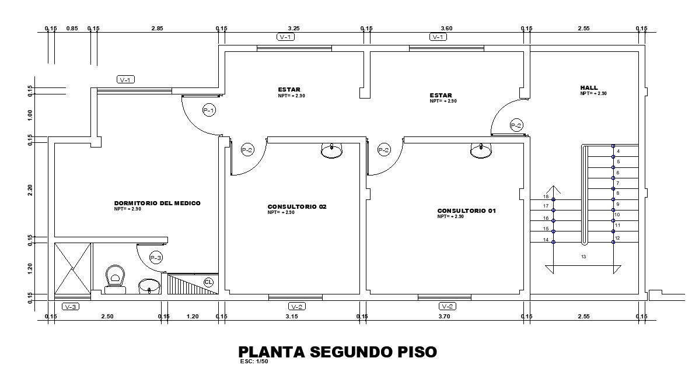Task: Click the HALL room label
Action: click(589, 87)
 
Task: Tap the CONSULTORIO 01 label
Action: click(466, 210)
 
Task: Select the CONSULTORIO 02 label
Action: click(297, 206)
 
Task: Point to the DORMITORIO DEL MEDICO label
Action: click(158, 203)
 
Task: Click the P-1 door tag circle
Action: click(209, 110)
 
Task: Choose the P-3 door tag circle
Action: click(156, 257)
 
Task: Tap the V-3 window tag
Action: click(71, 306)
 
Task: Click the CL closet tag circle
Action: click(208, 282)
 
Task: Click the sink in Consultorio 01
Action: click(481, 150)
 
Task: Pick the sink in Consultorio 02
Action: click(332, 150)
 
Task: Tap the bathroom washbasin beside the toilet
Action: click(149, 286)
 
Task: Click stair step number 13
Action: click(583, 257)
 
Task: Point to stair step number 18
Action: click(546, 196)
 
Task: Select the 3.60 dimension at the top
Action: click(446, 29)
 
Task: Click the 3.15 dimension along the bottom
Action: click(292, 317)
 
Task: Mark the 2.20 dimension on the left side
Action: click(30, 190)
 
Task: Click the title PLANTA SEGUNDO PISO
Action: click(337, 352)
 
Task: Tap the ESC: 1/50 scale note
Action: click(254, 362)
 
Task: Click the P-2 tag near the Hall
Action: click(516, 125)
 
